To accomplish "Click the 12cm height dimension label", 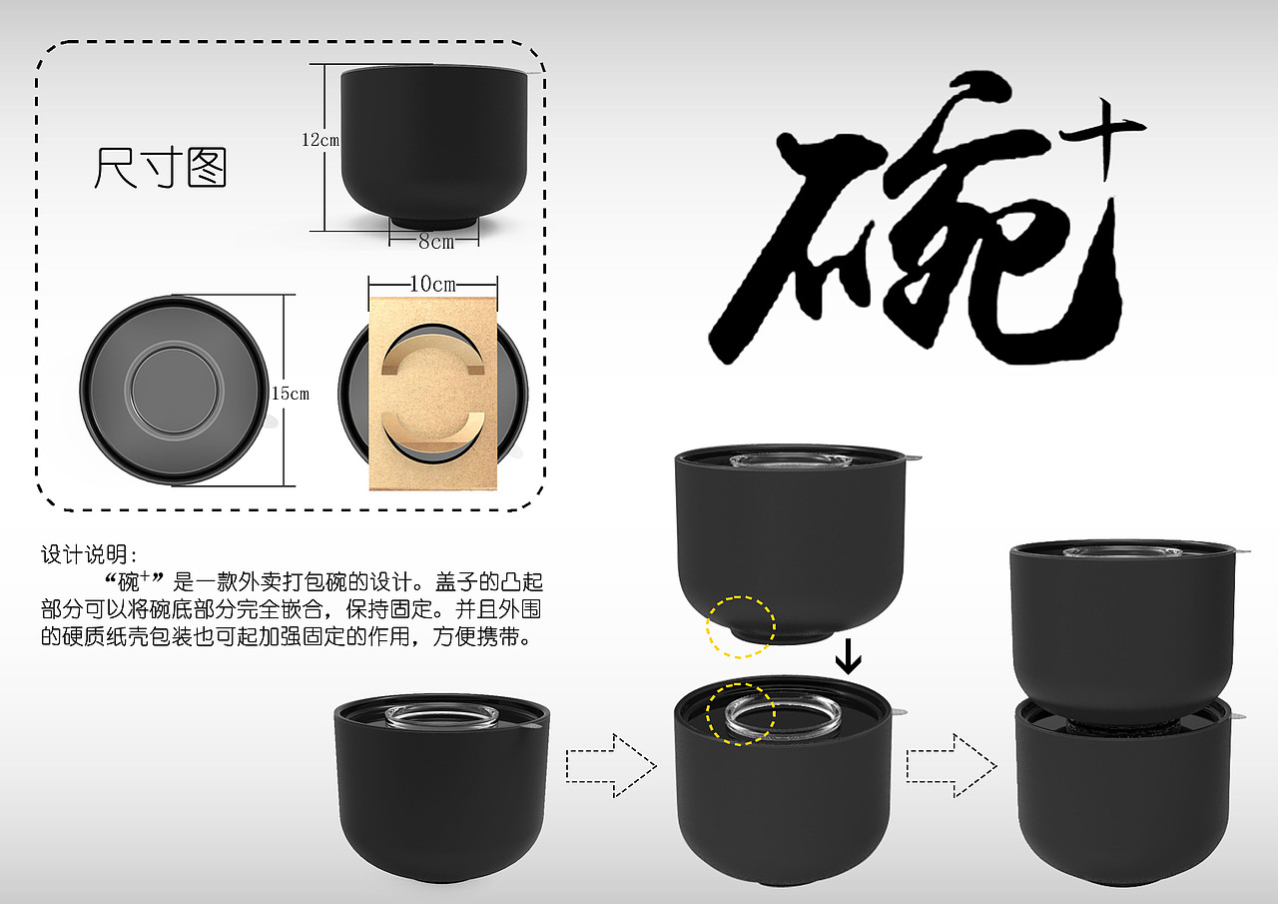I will (320, 140).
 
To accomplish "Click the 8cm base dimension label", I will (435, 242).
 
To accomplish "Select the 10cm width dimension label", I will (433, 284).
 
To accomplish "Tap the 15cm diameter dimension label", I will (291, 394).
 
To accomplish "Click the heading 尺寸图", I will (161, 168).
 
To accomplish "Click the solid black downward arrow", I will (848, 655).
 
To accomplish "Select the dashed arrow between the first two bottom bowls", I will (611, 766).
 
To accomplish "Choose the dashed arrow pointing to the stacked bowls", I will (951, 766).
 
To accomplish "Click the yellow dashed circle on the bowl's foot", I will (741, 627).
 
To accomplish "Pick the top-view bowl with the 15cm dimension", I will (175, 391).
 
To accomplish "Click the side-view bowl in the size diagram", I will (433, 145).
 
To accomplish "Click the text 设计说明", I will (89, 554).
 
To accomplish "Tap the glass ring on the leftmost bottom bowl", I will (441, 717).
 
